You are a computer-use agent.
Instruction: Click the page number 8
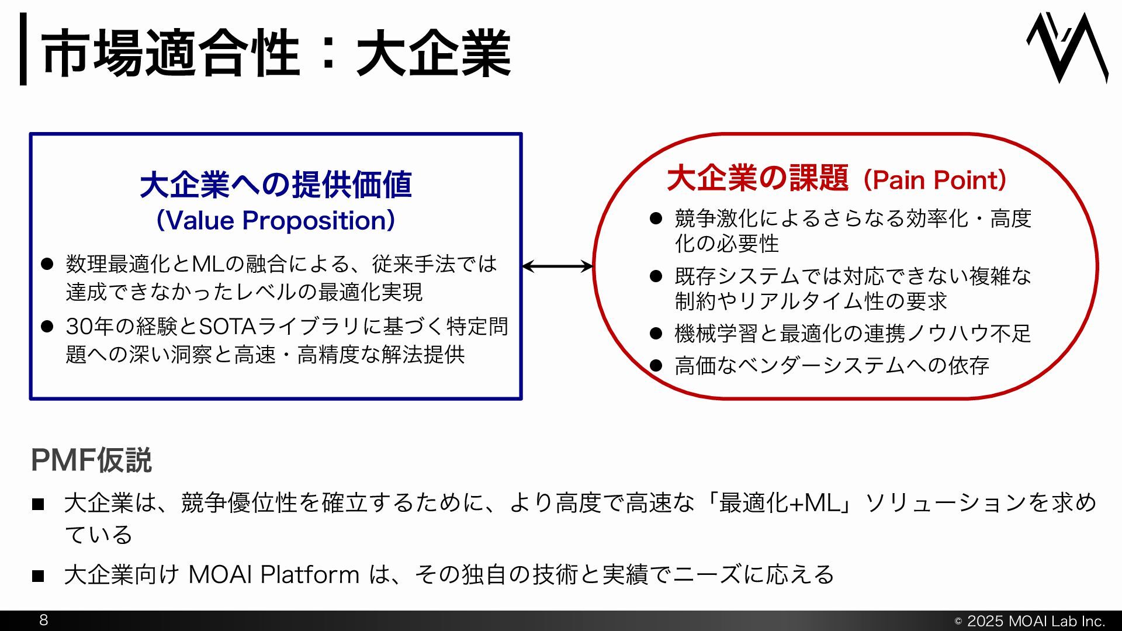(43, 620)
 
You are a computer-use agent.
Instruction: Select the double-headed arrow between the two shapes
(557, 266)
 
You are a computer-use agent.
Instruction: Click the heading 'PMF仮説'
(91, 460)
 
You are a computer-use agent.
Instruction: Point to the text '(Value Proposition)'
(276, 221)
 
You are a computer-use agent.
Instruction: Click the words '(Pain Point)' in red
(934, 180)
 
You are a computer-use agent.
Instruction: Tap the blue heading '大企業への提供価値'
(276, 185)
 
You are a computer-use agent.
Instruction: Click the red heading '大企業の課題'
(757, 178)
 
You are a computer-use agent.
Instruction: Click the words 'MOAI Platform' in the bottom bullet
(273, 574)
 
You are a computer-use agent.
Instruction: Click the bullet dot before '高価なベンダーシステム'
(656, 366)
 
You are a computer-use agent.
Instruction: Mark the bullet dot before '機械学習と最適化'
(656, 334)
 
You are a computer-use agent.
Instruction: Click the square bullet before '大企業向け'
(38, 575)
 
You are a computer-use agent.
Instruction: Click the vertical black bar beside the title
(23, 49)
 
